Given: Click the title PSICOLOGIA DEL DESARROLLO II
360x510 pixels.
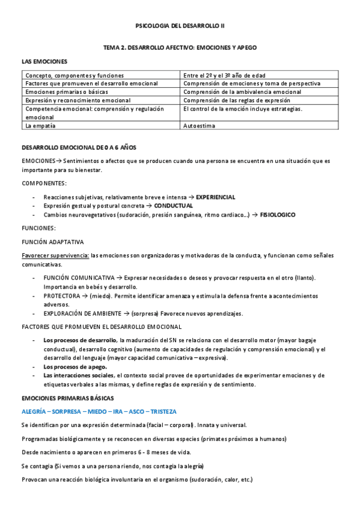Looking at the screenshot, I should click(x=180, y=26).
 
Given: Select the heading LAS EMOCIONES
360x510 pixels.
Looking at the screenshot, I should click(x=44, y=61).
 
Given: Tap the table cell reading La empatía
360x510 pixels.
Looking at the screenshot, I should click(x=39, y=126).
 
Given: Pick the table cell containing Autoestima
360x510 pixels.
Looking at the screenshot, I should click(x=199, y=126).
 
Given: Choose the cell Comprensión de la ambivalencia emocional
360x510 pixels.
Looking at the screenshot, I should click(x=242, y=92).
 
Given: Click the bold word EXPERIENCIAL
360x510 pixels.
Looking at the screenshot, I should click(x=216, y=197).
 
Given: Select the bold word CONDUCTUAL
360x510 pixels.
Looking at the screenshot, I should click(x=178, y=205).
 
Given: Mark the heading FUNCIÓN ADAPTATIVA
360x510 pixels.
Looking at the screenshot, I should click(x=52, y=242).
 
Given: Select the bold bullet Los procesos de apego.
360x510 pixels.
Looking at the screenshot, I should click(x=75, y=367).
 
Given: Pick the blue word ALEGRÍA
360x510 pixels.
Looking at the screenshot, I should click(x=35, y=412).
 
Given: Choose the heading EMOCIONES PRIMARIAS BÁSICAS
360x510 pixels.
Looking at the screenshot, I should click(x=67, y=398).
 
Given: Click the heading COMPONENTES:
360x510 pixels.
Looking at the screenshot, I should click(x=44, y=183).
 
